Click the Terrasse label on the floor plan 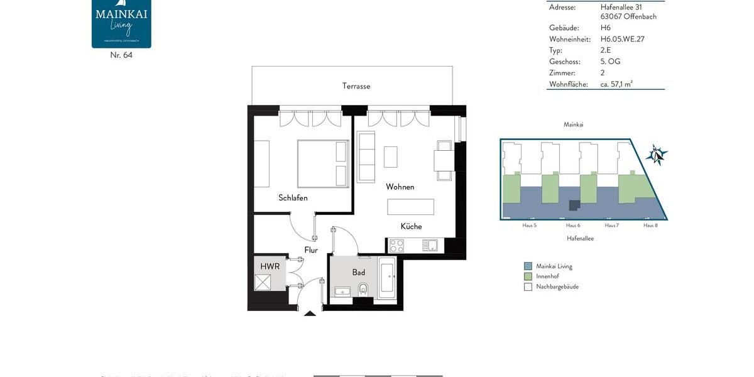pos(356,86)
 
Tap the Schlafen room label pos(293,198)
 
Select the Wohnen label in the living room pos(400,187)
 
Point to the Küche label pos(411,226)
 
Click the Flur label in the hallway pos(311,250)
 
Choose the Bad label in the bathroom pos(358,272)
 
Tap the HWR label pos(270,266)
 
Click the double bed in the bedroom pos(322,163)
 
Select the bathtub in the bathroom pos(386,278)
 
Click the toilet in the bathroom pos(363,289)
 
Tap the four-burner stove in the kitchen pos(396,245)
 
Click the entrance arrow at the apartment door pos(310,312)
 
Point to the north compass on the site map pos(657,154)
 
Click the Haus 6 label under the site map pos(572,225)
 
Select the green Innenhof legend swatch pos(528,276)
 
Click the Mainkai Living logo pos(121,23)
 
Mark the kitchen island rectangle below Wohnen pos(410,207)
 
